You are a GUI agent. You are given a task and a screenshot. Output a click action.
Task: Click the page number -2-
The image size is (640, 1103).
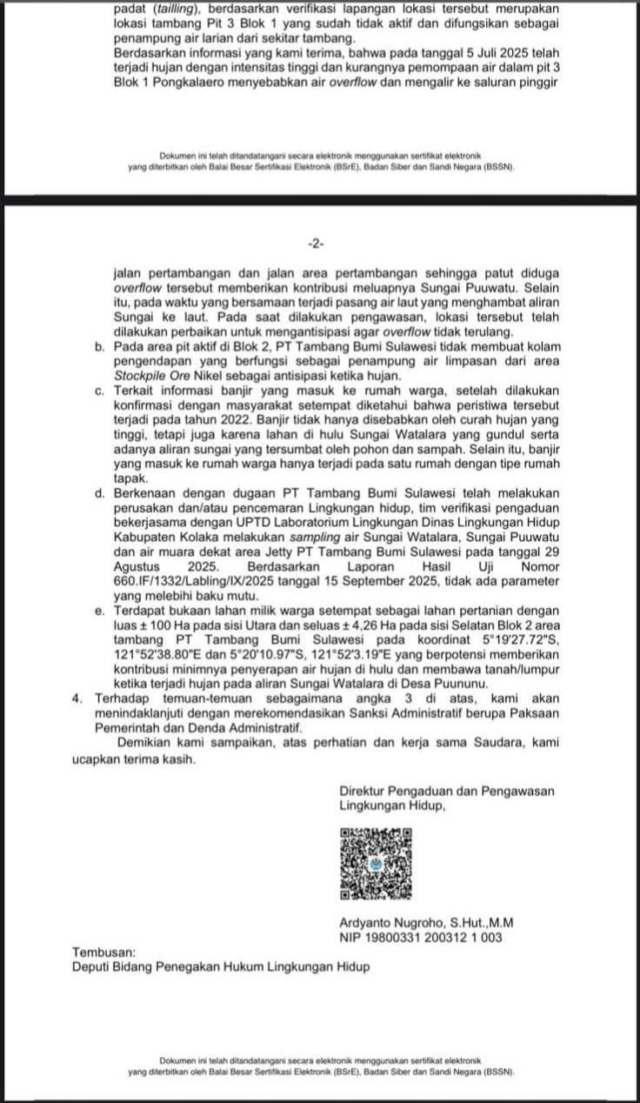[x=319, y=241]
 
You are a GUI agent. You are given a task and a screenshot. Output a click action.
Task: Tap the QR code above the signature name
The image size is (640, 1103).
[x=376, y=864]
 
